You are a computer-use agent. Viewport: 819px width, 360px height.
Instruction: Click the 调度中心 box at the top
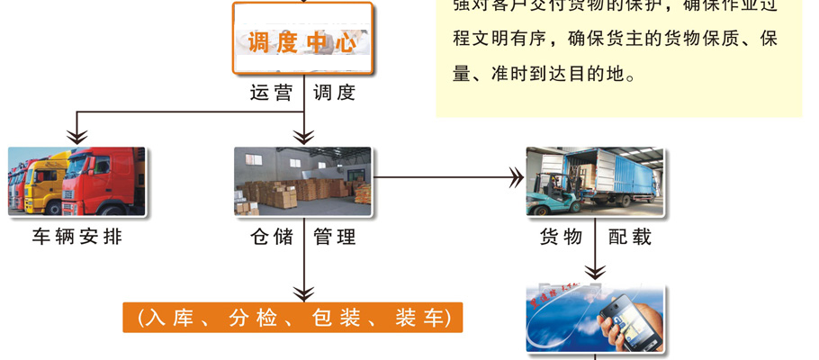[302, 40]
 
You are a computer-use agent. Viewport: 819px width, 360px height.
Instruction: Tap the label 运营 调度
[302, 92]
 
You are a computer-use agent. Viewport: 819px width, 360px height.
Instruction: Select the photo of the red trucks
[76, 181]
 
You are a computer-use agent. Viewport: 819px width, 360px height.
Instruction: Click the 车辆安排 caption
[76, 238]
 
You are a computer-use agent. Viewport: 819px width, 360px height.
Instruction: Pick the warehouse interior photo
[302, 181]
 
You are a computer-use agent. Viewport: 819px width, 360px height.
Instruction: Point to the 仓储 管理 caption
[302, 238]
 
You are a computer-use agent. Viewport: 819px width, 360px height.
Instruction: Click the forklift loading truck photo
[595, 181]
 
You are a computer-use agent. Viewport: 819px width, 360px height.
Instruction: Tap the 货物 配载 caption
[595, 238]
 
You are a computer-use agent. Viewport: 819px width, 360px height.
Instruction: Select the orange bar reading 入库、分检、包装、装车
[292, 318]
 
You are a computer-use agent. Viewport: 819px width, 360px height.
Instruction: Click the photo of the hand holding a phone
[595, 319]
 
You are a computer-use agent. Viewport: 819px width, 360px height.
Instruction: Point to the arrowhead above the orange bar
[303, 292]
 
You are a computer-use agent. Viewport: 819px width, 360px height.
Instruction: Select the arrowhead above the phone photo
[595, 271]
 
